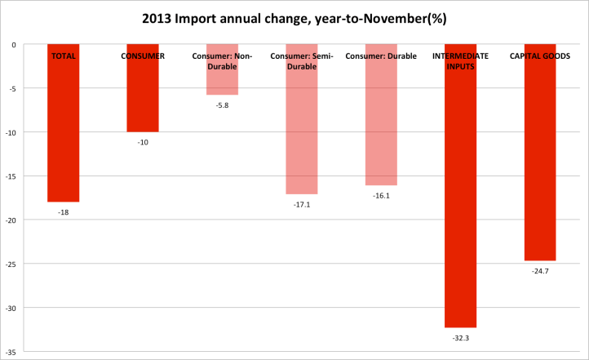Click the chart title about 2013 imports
[295, 18]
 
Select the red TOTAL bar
[63, 131]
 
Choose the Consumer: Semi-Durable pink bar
[301, 131]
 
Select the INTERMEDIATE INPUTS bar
[460, 196]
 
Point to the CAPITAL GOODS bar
[539, 163]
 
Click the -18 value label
[63, 211]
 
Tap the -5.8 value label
[222, 105]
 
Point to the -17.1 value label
[301, 204]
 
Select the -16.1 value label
[381, 196]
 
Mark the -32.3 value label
[460, 337]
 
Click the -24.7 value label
[539, 270]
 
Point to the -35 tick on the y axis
[13, 352]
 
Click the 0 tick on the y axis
[15, 45]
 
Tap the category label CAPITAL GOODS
[539, 56]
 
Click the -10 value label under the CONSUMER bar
[142, 142]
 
